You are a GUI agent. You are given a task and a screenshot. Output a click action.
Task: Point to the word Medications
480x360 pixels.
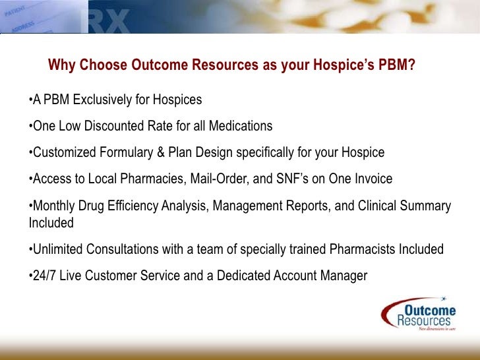(x=239, y=126)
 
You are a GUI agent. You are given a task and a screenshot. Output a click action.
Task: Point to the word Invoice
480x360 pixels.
(x=371, y=179)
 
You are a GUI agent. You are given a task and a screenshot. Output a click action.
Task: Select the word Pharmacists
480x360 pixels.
(x=366, y=250)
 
